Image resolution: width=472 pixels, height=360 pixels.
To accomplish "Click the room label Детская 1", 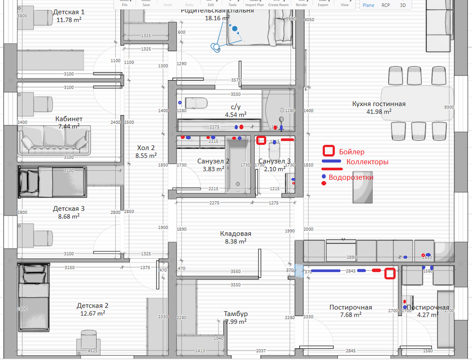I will [x=69, y=12].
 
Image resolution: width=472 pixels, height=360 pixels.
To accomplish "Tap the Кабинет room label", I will [x=69, y=119].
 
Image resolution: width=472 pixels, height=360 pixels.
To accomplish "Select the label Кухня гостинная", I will [x=379, y=104].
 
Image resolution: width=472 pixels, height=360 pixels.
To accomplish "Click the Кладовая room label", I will [x=236, y=234].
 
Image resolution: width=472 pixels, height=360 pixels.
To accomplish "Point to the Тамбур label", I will [x=236, y=314].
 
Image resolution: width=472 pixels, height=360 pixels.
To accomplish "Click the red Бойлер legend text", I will [x=352, y=151].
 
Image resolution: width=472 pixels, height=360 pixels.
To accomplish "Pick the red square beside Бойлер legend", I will [x=329, y=151].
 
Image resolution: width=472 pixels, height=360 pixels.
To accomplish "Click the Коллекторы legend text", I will [x=367, y=162].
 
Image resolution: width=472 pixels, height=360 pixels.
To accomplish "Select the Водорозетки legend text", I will [x=351, y=177].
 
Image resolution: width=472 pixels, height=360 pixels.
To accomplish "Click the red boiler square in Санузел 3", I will [x=261, y=140].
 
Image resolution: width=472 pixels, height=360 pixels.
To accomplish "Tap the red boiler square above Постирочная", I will [x=389, y=274].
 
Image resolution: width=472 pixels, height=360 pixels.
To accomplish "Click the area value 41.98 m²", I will [x=379, y=112].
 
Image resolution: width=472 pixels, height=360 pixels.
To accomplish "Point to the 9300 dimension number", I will [x=449, y=107].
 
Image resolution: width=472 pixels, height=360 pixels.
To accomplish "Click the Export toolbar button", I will [x=323, y=5].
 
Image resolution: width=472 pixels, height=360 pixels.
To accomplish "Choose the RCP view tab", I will [x=386, y=5].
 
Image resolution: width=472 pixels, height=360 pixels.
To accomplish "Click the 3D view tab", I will [x=403, y=5].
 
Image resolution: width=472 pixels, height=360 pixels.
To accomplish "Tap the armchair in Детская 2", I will [x=88, y=339].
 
